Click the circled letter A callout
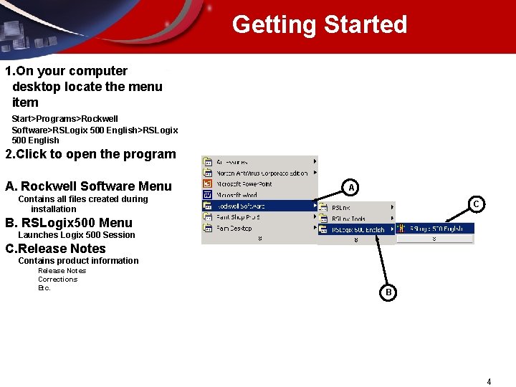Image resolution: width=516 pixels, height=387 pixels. click(x=350, y=188)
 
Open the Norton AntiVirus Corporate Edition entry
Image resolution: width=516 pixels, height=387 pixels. click(x=261, y=173)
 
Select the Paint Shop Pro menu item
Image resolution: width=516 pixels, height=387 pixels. click(x=239, y=217)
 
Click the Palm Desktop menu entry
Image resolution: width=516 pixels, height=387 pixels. click(x=236, y=228)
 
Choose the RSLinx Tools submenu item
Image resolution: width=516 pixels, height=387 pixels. click(x=348, y=219)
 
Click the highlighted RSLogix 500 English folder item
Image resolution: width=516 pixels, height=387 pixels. click(x=358, y=230)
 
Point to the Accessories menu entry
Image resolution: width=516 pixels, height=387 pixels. click(x=234, y=162)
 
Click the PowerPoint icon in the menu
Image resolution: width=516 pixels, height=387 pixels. click(x=207, y=184)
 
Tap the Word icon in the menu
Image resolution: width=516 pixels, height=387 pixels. click(x=207, y=195)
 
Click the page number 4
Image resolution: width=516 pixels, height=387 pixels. click(x=489, y=382)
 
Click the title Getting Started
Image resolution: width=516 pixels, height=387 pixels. click(x=319, y=25)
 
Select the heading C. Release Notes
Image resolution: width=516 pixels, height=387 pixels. click(x=55, y=249)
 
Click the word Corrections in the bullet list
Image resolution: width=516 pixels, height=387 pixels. click(x=57, y=279)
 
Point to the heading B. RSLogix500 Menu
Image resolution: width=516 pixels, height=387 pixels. click(x=68, y=223)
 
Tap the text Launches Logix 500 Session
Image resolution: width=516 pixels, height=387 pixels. click(x=76, y=235)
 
